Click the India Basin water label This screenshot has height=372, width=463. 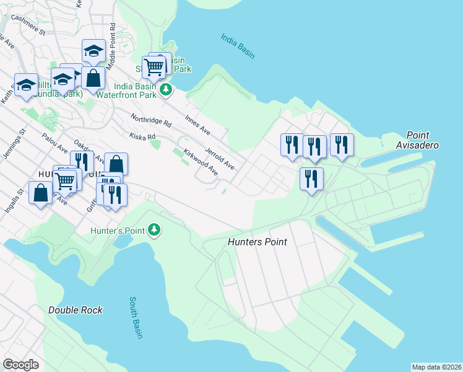tap(238, 46)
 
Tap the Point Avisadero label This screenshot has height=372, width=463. tap(423, 140)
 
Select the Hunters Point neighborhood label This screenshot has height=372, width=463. tap(257, 242)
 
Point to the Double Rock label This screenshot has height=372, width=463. tap(75, 309)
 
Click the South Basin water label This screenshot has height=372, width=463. tap(136, 318)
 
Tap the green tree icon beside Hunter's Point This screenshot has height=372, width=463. tap(154, 231)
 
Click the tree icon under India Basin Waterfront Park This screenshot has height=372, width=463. tap(165, 91)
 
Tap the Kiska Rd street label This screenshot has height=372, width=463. tap(142, 135)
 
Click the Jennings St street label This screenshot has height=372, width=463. tap(14, 144)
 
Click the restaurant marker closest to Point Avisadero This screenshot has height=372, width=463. tap(341, 145)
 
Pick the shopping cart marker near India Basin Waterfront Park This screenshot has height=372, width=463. tap(154, 66)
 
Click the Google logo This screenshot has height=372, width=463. tap(20, 365)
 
